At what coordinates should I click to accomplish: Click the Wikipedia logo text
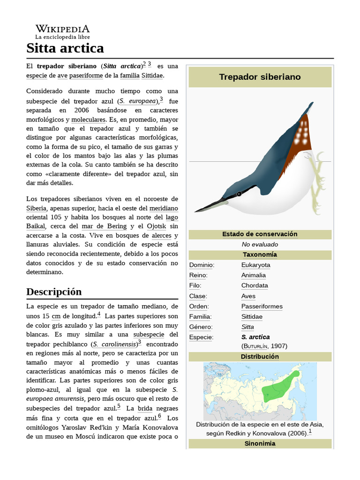(62, 29)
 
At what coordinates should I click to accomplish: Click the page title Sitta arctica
(65, 48)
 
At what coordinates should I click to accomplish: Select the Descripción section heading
(54, 292)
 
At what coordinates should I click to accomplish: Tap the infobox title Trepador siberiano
(260, 77)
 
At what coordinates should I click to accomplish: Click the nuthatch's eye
(239, 194)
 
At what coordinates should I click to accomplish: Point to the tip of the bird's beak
(196, 211)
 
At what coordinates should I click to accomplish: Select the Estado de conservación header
(260, 234)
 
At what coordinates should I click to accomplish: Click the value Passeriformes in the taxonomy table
(262, 306)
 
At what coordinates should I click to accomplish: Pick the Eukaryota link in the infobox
(255, 265)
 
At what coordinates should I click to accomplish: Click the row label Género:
(201, 327)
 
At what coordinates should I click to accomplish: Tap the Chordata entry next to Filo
(255, 285)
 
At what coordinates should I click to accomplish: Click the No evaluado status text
(260, 244)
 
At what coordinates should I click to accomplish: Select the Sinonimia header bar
(260, 443)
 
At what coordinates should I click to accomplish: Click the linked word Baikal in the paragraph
(36, 226)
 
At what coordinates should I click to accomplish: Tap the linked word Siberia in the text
(36, 208)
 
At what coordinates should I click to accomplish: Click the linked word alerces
(161, 235)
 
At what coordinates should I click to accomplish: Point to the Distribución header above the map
(260, 356)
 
